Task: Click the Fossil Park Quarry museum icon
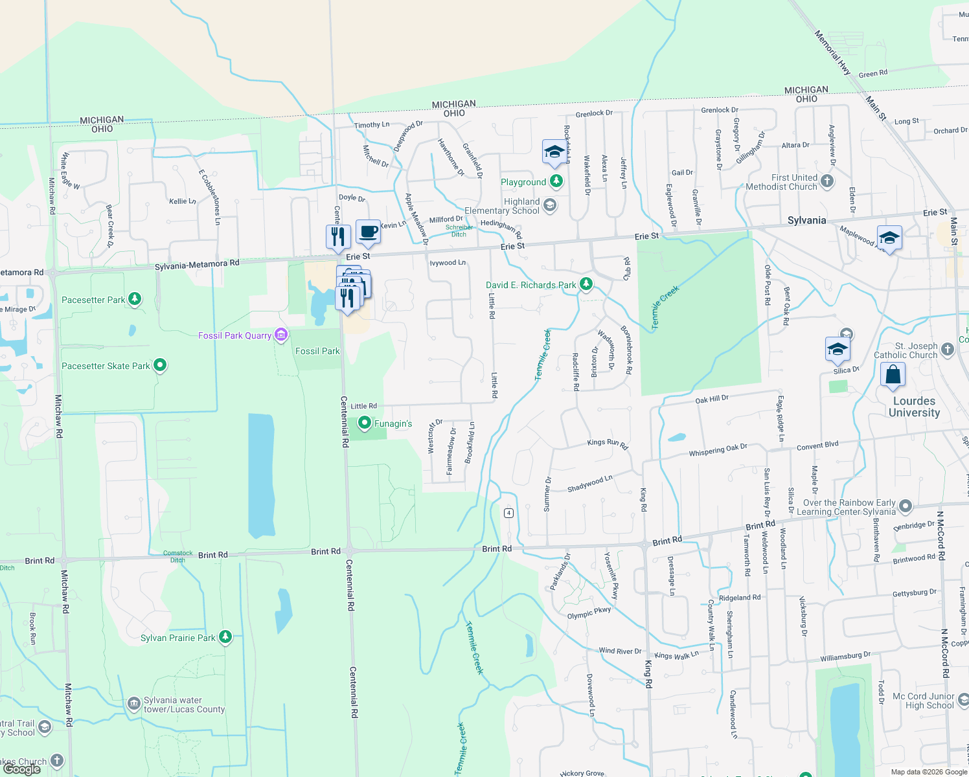point(281,335)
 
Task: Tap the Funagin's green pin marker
point(365,423)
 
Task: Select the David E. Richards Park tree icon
point(586,284)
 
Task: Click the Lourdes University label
point(914,407)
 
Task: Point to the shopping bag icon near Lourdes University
point(893,375)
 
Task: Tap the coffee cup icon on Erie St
point(368,232)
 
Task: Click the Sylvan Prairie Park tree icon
point(225,637)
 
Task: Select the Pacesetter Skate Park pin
point(160,366)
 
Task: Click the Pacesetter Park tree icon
point(135,299)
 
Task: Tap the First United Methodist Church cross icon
point(827,181)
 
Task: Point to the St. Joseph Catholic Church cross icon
point(948,350)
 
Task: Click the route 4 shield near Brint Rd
point(509,513)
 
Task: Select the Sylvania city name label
point(806,220)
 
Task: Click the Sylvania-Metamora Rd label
point(197,264)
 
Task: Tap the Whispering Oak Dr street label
point(718,450)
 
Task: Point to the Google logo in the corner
point(22,769)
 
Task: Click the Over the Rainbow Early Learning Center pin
point(906,506)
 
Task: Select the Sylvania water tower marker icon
point(133,703)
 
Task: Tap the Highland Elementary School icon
point(549,206)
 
